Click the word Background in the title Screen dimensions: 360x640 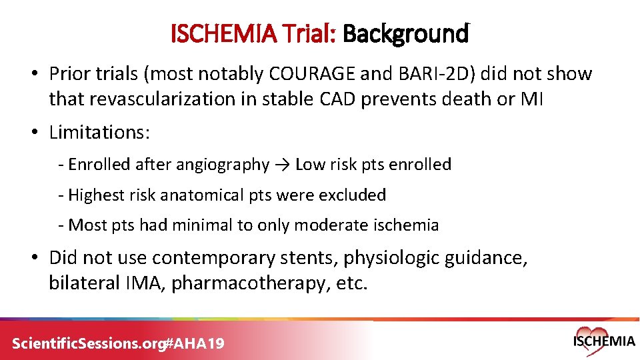coord(405,33)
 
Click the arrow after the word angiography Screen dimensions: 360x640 coord(281,165)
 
